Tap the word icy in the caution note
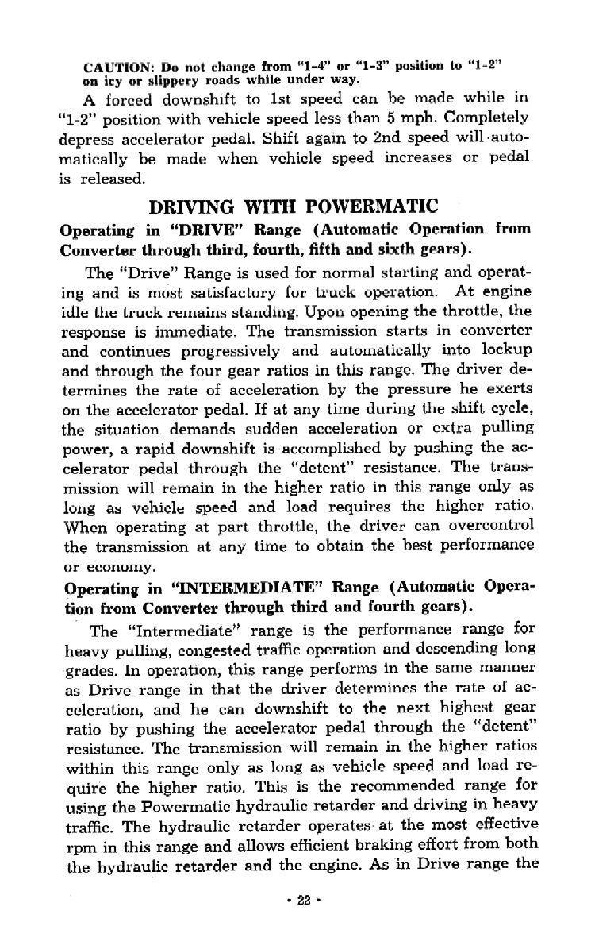coord(108,80)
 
